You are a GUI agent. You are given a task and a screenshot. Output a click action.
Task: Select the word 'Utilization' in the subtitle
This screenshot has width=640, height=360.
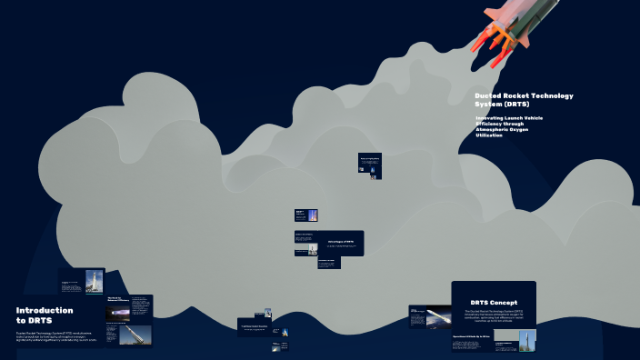(489, 135)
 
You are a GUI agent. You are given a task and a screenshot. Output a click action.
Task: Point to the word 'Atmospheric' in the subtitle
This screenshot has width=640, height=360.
(495, 129)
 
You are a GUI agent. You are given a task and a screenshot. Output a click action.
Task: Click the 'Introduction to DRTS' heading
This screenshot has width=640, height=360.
(44, 315)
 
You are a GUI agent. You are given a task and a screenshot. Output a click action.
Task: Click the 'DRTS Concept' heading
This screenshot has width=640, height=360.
(494, 302)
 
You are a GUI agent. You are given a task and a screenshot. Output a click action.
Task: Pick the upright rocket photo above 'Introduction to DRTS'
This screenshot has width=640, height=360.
(94, 281)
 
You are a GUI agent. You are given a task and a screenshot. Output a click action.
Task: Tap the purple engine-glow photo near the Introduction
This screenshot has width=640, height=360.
(117, 313)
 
